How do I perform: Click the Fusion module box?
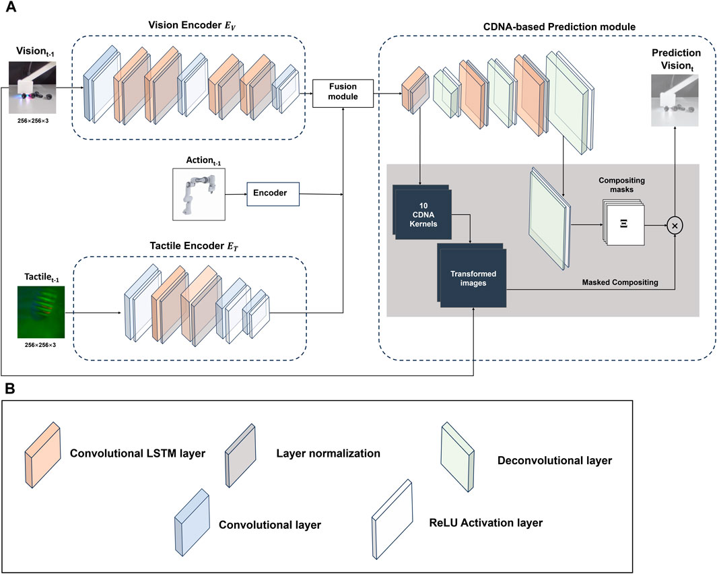click(344, 93)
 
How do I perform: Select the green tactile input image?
click(40, 312)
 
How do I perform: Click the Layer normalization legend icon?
click(240, 453)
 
